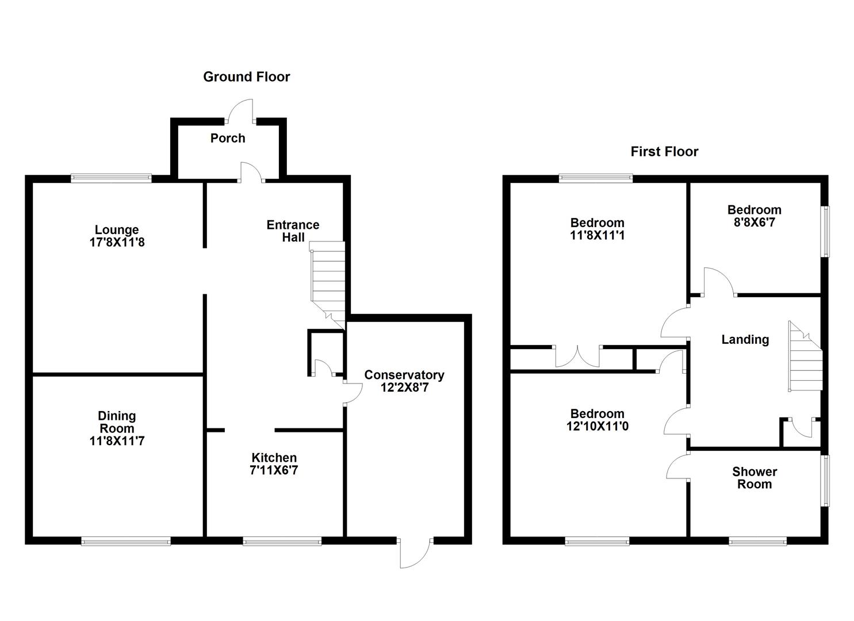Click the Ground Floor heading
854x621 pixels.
(x=246, y=77)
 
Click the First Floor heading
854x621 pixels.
(x=665, y=152)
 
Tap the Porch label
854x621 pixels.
(x=228, y=138)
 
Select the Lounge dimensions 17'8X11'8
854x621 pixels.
(x=117, y=242)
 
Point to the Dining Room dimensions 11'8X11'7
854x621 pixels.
(x=117, y=441)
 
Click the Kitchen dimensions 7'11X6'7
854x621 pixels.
(x=274, y=470)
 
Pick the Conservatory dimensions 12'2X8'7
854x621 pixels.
(x=404, y=388)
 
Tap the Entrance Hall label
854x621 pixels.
(x=293, y=231)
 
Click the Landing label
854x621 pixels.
(x=745, y=340)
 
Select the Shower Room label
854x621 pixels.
(x=755, y=478)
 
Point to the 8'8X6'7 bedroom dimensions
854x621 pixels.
(x=755, y=223)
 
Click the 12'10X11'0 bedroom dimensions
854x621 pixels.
(x=598, y=426)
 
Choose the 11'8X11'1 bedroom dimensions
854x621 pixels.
(x=598, y=235)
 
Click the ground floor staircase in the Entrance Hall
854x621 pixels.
(x=327, y=285)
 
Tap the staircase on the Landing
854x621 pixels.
(x=805, y=356)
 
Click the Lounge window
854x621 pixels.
(x=112, y=178)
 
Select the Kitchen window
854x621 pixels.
(x=282, y=540)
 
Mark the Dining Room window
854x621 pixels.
(x=126, y=540)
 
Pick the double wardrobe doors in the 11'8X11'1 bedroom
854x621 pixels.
(x=577, y=356)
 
